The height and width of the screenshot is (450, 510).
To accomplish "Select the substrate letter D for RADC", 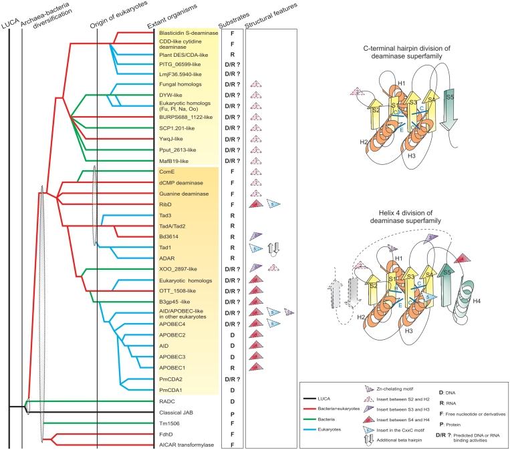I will tap(229, 401).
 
